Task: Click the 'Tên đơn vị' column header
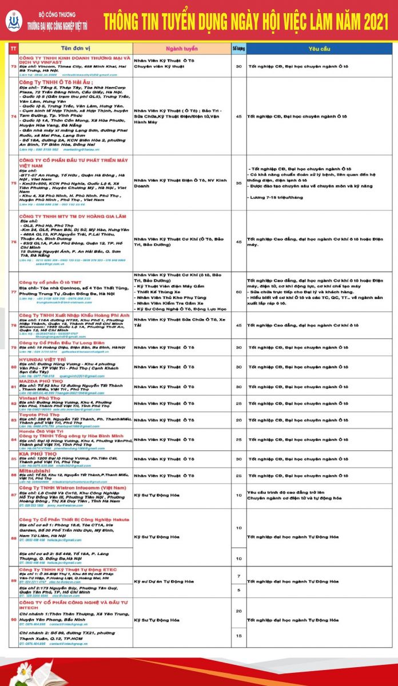click(74, 49)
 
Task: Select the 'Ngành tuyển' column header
click(182, 49)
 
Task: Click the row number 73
click(13, 66)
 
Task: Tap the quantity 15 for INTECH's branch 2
click(238, 635)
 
